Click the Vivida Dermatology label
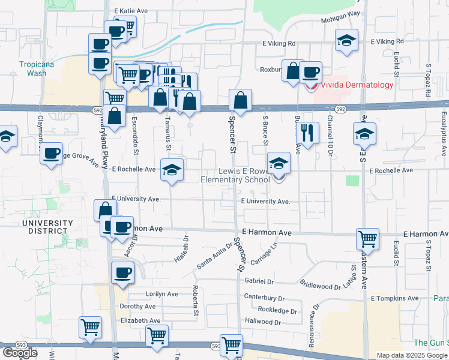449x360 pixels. coord(357,85)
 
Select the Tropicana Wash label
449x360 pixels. coord(32,68)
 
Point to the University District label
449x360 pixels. coord(47,227)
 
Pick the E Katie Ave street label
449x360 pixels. coord(131,11)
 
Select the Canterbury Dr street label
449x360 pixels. coord(264,297)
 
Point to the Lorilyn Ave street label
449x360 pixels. coord(162,294)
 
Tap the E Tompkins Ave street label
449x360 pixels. coord(394,298)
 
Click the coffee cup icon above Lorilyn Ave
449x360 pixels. coord(122,272)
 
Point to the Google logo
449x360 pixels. coord(20,353)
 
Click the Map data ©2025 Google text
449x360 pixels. coord(411,356)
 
